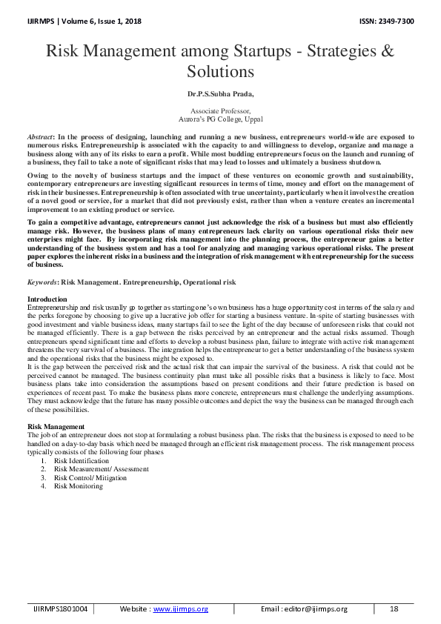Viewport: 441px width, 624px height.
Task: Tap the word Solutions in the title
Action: [x=220, y=71]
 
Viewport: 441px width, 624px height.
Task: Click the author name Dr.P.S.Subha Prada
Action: [x=220, y=94]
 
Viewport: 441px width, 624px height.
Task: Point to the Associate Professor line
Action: [x=220, y=110]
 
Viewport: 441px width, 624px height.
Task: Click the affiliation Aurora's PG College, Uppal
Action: [x=220, y=118]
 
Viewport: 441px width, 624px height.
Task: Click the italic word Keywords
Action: [x=42, y=282]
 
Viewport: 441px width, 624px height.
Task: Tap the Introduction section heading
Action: [x=47, y=298]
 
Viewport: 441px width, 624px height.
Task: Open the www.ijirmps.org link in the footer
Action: [x=180, y=608]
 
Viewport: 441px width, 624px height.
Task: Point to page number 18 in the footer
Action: [x=394, y=608]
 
